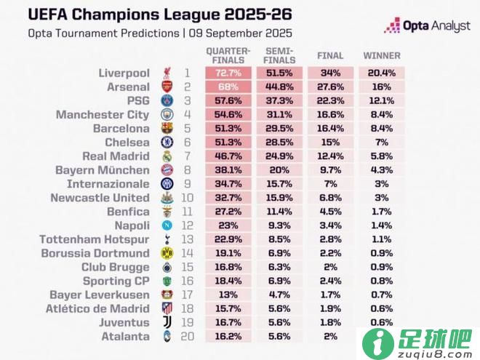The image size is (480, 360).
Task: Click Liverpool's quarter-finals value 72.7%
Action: point(228,73)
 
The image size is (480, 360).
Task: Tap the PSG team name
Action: point(137,101)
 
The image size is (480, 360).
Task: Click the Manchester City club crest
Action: point(167,115)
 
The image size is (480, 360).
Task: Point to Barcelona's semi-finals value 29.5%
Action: point(279,129)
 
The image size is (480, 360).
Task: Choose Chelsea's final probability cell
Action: point(330,143)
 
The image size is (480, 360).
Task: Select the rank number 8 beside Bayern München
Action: point(187,170)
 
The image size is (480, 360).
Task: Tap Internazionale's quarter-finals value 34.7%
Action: point(228,184)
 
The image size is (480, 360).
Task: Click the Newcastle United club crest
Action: point(167,198)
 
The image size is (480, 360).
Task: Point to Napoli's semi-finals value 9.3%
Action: point(279,225)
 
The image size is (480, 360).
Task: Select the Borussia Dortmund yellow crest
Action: point(167,253)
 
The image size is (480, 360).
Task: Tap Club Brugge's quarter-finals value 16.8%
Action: point(228,267)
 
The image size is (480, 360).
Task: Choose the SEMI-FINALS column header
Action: point(279,55)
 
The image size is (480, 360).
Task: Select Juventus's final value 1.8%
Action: point(330,322)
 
